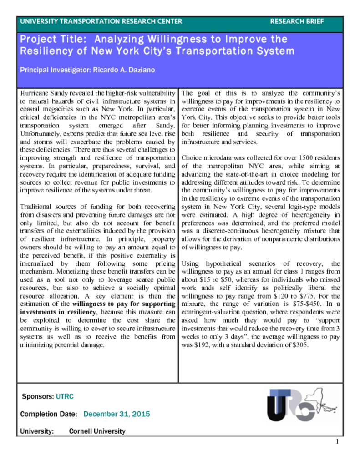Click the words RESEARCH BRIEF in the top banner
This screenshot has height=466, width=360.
pos(297,21)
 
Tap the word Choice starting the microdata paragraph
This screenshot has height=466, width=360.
pos(191,158)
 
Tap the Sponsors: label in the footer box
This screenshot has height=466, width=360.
pos(38,396)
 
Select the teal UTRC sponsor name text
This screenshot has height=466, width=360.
pos(65,396)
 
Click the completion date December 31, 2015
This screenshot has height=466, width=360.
pos(117,414)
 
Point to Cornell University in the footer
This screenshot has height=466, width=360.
pos(97,431)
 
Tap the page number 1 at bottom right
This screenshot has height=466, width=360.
pos(337,442)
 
